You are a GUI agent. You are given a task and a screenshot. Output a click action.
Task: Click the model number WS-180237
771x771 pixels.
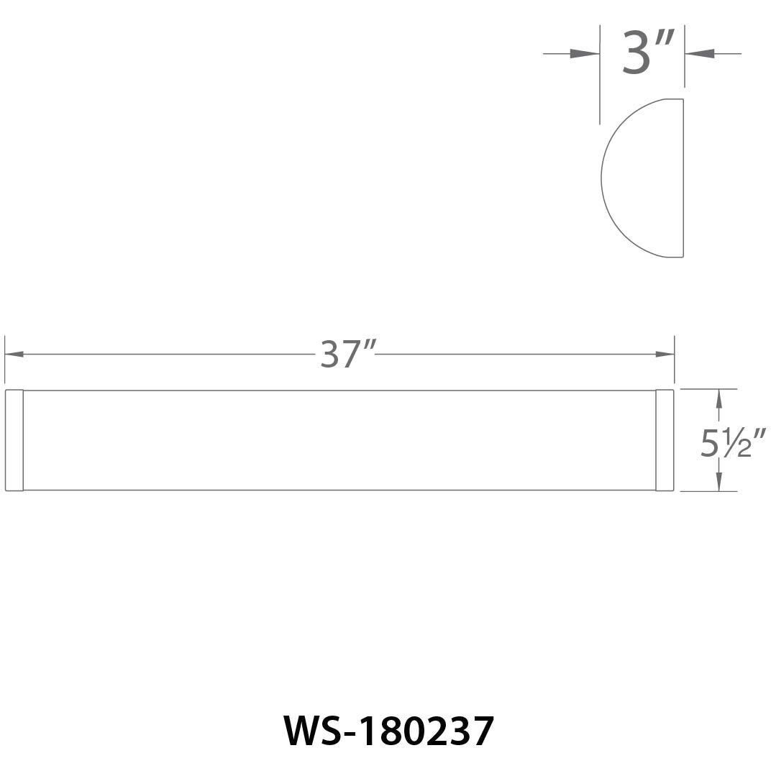[389, 731]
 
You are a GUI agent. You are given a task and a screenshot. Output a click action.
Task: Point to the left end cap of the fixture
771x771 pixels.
[14, 440]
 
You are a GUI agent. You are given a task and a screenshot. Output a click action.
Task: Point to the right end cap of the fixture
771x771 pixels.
[665, 440]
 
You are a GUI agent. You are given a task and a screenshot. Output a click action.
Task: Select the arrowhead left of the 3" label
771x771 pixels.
[583, 53]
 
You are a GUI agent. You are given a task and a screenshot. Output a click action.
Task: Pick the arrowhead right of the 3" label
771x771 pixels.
[700, 53]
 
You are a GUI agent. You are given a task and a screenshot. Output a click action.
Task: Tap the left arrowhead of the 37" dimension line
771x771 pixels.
[14, 354]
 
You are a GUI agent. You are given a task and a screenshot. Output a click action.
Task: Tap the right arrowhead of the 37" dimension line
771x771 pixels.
[665, 354]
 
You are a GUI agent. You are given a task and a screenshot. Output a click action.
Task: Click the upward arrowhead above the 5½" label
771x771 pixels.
[718, 398]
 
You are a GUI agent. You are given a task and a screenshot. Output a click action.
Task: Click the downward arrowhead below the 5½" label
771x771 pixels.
[718, 483]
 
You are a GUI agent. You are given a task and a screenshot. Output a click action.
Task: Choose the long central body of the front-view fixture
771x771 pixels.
[339, 440]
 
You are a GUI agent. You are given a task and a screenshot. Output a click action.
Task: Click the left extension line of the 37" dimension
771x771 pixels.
[5, 360]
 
